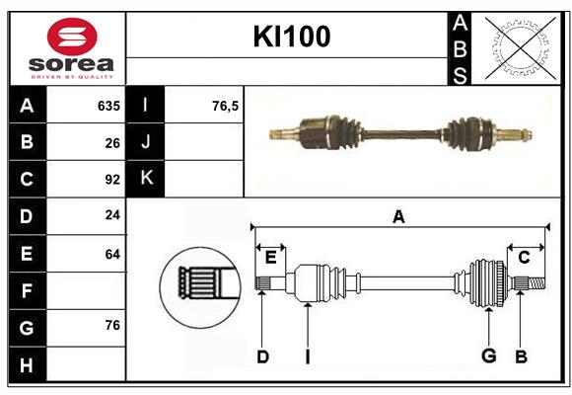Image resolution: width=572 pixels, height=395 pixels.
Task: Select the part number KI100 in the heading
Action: [x=291, y=38]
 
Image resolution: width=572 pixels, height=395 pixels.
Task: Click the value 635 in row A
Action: [x=107, y=106]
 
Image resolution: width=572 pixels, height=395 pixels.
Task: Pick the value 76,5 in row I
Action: [x=225, y=106]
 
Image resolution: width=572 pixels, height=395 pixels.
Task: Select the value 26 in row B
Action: [x=111, y=143]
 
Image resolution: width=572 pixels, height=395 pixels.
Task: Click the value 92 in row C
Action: [x=111, y=180]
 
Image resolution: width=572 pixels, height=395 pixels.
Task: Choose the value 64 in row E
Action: [x=111, y=254]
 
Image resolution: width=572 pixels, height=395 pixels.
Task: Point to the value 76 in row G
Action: [x=111, y=325]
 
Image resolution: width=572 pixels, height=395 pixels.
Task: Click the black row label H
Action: [x=27, y=365]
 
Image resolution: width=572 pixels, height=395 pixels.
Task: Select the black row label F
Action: [x=27, y=291]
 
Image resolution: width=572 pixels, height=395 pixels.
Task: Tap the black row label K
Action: [x=146, y=178]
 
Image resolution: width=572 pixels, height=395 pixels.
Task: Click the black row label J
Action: [x=146, y=142]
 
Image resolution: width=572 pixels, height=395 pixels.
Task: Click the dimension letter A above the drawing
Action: [x=398, y=217]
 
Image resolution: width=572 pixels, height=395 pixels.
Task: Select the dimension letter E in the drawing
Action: [x=270, y=258]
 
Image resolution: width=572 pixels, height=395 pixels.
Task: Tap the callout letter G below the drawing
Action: [x=487, y=356]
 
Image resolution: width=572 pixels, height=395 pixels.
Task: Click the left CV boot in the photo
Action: [x=335, y=130]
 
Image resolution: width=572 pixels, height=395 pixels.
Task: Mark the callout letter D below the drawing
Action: [x=262, y=356]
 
